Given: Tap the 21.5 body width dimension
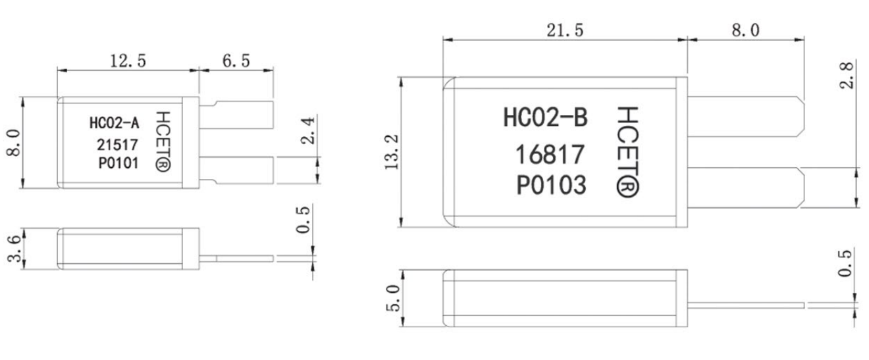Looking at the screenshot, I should point(564,30).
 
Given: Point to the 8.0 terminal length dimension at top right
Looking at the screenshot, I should point(745,30).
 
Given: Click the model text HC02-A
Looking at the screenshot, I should point(113,124).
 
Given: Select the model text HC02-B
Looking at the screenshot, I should point(545,118).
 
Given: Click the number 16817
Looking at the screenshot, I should point(550,155).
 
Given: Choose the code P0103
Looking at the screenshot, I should point(550,186).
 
